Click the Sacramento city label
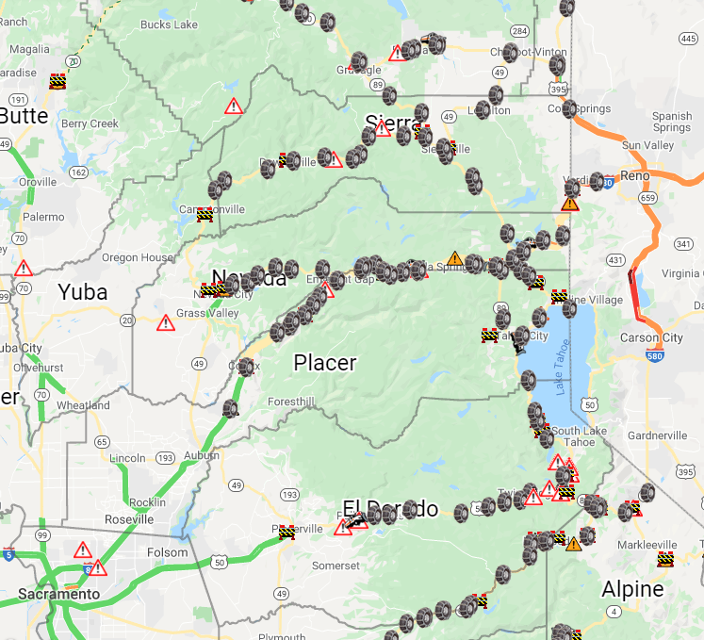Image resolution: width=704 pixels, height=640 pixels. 58,595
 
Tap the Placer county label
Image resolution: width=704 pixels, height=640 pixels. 325,363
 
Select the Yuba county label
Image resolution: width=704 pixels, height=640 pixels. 84,291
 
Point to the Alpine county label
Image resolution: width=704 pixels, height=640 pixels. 632,590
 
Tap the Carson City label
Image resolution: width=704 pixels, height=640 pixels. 651,338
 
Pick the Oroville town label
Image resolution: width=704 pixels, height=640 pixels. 38,182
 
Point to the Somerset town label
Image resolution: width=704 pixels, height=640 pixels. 336,566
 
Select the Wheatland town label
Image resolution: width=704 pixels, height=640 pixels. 83,405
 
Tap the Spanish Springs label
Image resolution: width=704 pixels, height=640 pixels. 671,122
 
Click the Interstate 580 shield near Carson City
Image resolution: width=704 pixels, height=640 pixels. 656,355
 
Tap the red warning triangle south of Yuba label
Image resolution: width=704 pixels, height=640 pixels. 166,323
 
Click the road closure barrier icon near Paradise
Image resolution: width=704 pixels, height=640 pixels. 58,82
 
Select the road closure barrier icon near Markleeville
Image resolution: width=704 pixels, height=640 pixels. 665,559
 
